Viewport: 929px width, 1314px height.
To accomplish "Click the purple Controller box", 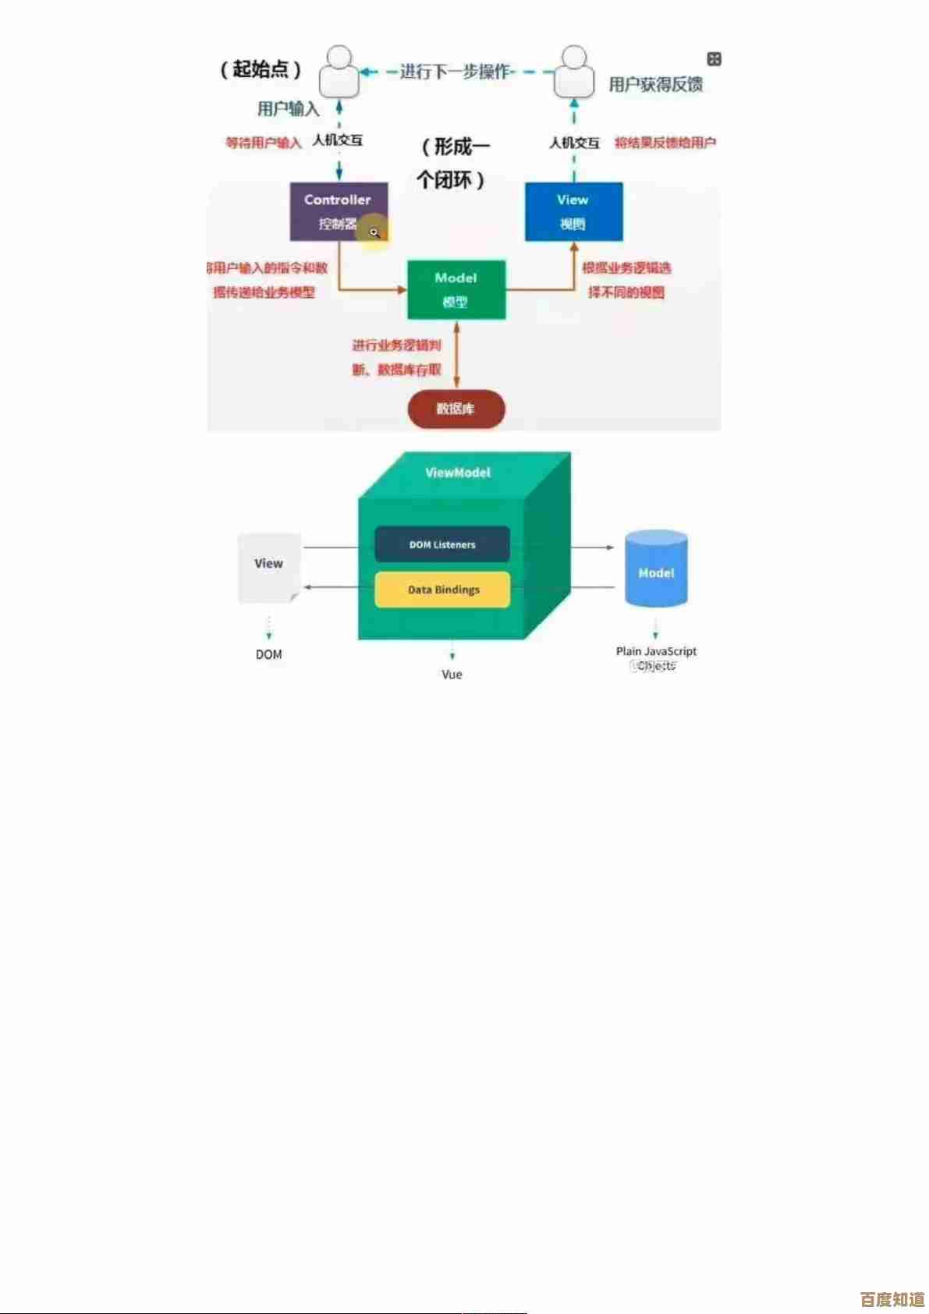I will (x=339, y=211).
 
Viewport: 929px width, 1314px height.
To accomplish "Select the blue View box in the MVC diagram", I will (x=573, y=211).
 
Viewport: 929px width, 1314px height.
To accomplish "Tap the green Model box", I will (x=456, y=289).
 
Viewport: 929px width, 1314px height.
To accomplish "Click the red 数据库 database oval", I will (x=456, y=409).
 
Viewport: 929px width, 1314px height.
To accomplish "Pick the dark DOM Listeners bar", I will (x=442, y=544).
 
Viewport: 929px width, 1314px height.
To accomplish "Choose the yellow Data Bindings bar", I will (x=442, y=590).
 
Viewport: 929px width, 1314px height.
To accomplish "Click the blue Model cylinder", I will (x=656, y=569).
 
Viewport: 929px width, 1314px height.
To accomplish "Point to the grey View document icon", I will (x=269, y=568).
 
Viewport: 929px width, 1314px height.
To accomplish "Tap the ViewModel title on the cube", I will (x=458, y=473).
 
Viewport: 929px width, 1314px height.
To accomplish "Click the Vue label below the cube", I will (x=452, y=675).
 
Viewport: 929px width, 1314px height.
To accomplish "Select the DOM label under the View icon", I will (x=269, y=654).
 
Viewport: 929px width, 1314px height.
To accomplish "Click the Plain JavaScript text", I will (x=656, y=651).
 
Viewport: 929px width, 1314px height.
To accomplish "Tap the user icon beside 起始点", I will (x=339, y=72).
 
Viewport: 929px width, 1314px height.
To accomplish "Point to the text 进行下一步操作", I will (x=454, y=72).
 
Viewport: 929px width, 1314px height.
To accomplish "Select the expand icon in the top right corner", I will (x=714, y=59).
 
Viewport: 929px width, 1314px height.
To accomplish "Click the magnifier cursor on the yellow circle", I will (x=374, y=232).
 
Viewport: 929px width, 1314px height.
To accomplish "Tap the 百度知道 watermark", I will (x=892, y=1299).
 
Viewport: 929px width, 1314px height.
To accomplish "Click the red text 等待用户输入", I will (x=264, y=143).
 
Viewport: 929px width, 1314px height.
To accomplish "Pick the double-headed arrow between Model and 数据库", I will (x=456, y=354).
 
